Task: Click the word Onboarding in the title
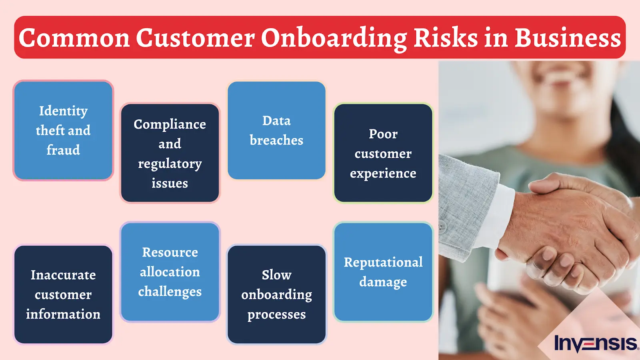(334, 38)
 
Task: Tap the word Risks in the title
(446, 38)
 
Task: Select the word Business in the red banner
(568, 38)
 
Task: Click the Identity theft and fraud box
(63, 130)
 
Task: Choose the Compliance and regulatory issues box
(170, 153)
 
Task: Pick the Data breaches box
(276, 130)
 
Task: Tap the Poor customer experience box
(383, 153)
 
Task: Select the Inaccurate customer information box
(63, 294)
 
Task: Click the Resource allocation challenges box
(170, 272)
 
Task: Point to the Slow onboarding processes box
(276, 294)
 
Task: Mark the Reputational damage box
(383, 272)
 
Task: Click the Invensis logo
(596, 344)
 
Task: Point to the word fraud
(63, 150)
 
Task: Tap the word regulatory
(170, 164)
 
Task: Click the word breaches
(276, 140)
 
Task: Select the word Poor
(383, 134)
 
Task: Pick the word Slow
(276, 275)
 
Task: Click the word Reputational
(383, 262)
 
